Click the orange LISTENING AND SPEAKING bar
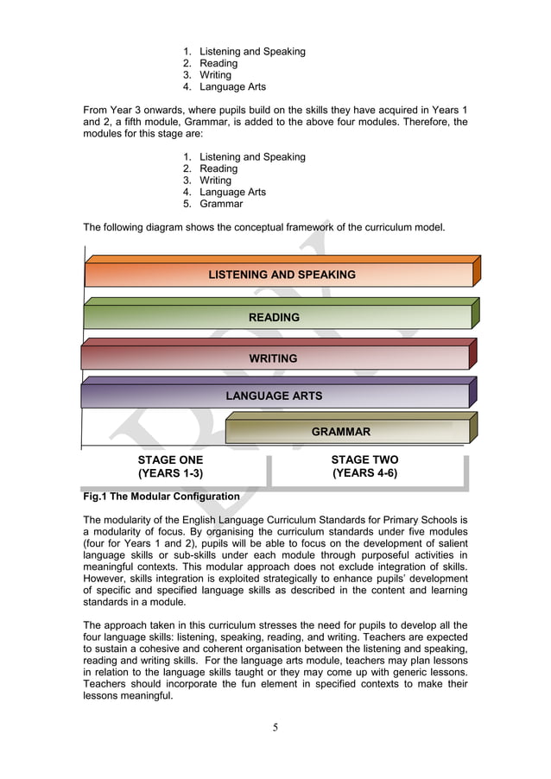click(282, 275)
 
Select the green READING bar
click(275, 317)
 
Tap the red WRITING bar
click(273, 358)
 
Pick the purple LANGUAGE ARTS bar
click(274, 396)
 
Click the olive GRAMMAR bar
click(341, 432)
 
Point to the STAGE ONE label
click(170, 460)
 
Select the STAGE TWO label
click(364, 460)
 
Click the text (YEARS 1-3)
click(170, 474)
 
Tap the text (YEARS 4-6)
click(364, 473)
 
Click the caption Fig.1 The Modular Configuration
click(161, 497)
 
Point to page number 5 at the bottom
click(275, 727)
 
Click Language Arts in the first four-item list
click(232, 87)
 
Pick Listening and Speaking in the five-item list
click(252, 157)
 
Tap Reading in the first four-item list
click(218, 64)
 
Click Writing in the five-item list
click(215, 180)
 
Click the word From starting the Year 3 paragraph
click(97, 111)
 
